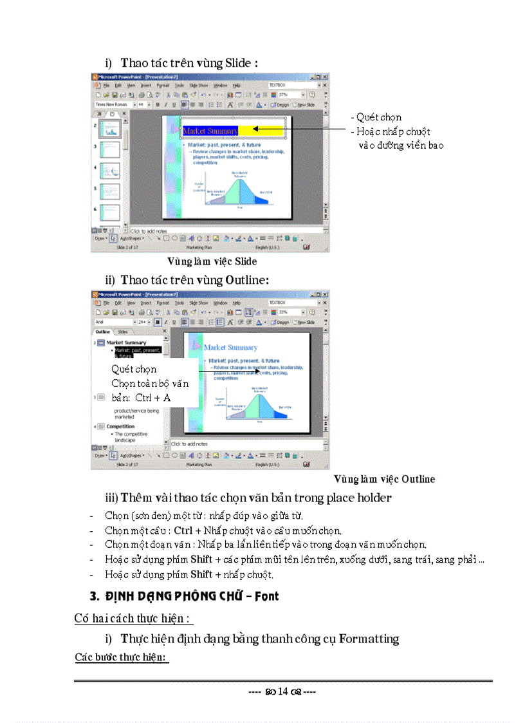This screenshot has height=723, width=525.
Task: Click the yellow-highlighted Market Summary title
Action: click(x=210, y=131)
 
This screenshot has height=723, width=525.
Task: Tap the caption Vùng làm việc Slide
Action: click(x=212, y=261)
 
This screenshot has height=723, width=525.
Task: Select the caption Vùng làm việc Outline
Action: click(x=384, y=479)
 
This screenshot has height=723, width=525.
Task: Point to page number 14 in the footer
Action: click(x=282, y=692)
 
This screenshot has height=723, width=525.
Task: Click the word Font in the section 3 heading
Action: click(x=266, y=596)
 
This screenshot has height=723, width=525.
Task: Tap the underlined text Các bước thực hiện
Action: click(x=121, y=657)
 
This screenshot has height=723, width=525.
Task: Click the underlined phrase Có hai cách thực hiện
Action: click(x=133, y=619)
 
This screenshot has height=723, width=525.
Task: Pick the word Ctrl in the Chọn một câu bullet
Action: click(x=183, y=531)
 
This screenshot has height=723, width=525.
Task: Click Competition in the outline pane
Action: click(x=120, y=426)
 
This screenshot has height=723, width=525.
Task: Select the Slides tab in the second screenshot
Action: click(x=123, y=332)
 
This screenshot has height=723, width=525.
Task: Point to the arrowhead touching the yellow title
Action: click(x=255, y=129)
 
